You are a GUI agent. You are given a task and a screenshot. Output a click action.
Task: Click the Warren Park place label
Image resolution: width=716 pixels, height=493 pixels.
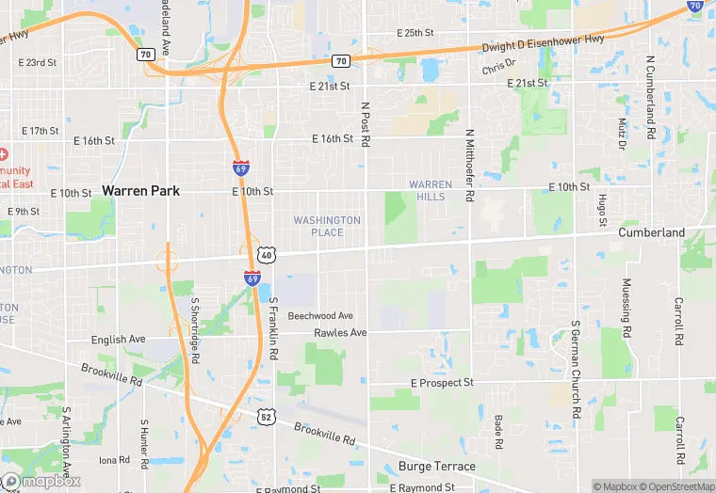tap(140, 190)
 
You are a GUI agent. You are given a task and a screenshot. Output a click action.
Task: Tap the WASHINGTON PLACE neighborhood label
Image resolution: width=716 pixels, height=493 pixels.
tap(327, 226)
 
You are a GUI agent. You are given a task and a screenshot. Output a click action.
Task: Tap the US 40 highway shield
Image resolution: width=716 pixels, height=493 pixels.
tap(267, 255)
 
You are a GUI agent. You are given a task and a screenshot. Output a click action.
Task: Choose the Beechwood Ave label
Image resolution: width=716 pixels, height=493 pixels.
tap(320, 316)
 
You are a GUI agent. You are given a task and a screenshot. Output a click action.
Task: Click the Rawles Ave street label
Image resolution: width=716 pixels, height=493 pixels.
tap(340, 333)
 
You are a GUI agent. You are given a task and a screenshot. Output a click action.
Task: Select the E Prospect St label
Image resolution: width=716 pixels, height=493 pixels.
tap(442, 384)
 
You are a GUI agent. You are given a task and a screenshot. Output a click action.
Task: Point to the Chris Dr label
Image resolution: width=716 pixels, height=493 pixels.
tap(499, 68)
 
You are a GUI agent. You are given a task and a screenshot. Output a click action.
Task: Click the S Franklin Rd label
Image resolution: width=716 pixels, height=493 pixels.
tap(274, 327)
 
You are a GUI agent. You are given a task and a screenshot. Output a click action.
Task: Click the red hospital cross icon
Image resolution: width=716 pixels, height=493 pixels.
tap(5, 153)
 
